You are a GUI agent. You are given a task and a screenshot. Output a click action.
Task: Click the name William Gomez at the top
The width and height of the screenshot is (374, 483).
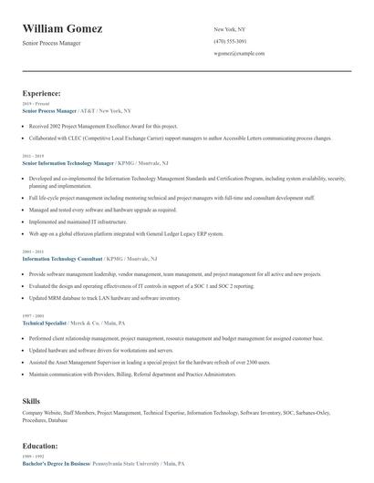[x=63, y=29]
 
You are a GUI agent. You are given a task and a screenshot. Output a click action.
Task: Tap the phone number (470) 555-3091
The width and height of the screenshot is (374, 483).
[x=230, y=41]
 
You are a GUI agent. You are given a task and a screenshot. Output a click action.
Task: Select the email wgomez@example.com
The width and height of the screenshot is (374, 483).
[x=239, y=54]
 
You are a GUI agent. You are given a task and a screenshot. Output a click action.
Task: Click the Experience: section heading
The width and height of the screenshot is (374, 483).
[x=42, y=93]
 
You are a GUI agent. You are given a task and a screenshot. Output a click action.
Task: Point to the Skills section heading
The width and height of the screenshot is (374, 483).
[x=31, y=400]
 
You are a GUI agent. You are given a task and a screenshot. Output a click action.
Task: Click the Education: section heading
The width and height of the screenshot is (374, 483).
[x=40, y=447]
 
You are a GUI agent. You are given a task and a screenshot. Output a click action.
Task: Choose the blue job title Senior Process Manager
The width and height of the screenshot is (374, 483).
[x=49, y=109]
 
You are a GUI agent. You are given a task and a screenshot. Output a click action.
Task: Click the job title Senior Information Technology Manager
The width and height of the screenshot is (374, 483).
[x=68, y=163]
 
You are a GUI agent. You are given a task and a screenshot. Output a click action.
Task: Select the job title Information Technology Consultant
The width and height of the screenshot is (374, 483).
[x=62, y=259]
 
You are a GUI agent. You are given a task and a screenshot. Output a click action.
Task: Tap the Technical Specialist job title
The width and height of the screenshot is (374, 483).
[x=46, y=324]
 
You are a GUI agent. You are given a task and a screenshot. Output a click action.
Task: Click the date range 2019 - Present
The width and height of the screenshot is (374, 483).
[x=33, y=102]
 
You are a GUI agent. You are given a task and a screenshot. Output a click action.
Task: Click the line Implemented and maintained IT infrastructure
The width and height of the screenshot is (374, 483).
[x=77, y=221]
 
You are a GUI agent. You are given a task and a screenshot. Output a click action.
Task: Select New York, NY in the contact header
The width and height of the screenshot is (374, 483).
[x=229, y=29]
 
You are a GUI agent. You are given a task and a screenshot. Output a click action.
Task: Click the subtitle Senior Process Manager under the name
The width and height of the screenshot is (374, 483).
[x=52, y=44]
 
